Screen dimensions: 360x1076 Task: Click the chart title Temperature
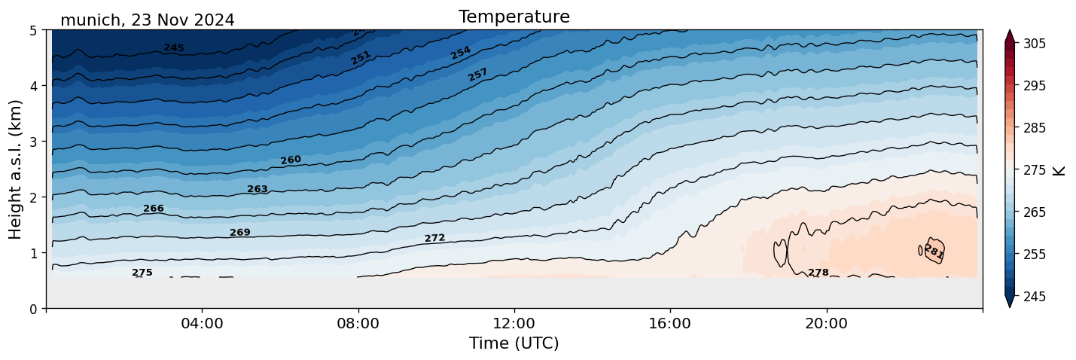(x=514, y=17)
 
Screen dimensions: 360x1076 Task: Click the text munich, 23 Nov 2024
(x=147, y=20)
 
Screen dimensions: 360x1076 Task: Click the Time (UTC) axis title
(x=514, y=343)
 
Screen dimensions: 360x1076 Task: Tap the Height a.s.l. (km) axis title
(x=16, y=169)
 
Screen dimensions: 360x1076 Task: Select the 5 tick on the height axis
(x=35, y=30)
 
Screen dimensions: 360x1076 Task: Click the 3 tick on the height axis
(x=35, y=142)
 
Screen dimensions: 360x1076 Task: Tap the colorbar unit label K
(x=1060, y=170)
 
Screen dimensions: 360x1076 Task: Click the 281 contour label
(x=934, y=252)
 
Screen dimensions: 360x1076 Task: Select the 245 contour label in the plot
(x=174, y=48)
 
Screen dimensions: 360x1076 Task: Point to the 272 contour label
(x=434, y=238)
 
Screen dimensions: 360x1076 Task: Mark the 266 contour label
(x=154, y=209)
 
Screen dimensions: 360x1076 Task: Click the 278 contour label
(x=818, y=273)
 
